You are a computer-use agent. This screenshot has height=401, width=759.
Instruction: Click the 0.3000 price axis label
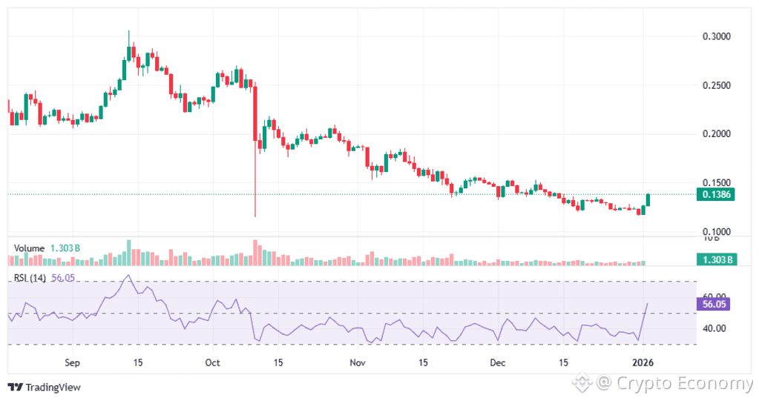tap(716, 36)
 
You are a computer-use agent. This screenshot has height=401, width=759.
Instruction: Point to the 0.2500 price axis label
tap(716, 85)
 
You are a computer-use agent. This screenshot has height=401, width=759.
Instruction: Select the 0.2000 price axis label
tap(716, 134)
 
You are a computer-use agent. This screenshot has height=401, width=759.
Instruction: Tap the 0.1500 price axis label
tap(716, 183)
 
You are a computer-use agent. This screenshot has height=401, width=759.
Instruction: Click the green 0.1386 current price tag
tap(716, 194)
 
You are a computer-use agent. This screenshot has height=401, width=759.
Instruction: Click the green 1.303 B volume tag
tap(717, 259)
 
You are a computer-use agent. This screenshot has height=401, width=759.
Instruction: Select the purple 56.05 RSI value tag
tap(716, 304)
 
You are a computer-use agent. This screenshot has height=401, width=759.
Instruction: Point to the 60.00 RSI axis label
tap(714, 296)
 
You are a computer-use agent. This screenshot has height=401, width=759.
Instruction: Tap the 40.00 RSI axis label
tap(714, 328)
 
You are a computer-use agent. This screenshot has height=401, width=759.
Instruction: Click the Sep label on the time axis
tap(72, 363)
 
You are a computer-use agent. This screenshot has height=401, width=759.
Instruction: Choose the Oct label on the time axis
tap(213, 363)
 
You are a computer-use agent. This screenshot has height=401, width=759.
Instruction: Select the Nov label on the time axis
tap(358, 363)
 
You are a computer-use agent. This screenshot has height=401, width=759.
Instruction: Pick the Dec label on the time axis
tap(498, 363)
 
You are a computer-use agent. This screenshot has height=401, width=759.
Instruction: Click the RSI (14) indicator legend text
tap(30, 279)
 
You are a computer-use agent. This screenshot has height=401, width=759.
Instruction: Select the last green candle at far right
tap(648, 199)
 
